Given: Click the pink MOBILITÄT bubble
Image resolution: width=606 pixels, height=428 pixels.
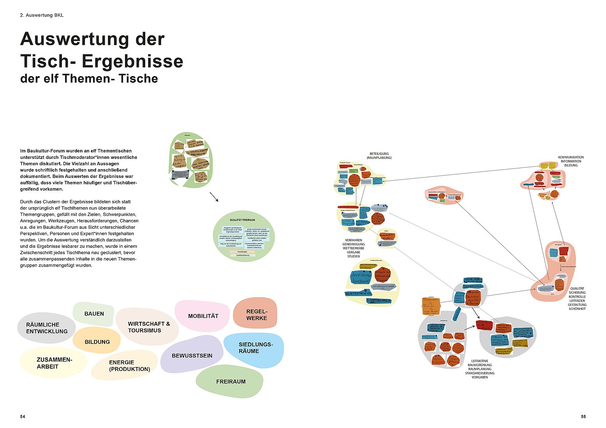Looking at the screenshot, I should click(203, 316).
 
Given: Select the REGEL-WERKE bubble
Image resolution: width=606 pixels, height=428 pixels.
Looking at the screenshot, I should click(256, 315).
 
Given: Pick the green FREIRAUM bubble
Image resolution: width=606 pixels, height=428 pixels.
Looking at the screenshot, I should click(231, 382).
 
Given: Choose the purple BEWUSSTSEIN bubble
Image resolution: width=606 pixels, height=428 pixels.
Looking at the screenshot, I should click(192, 355).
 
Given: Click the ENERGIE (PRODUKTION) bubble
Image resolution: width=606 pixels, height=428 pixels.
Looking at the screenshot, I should click(129, 365).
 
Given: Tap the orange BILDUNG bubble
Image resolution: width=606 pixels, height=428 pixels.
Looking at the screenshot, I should click(97, 342).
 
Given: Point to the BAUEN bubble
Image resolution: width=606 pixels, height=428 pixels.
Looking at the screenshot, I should click(94, 313).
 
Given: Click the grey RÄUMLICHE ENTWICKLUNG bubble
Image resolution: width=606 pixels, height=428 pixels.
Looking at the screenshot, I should click(47, 328).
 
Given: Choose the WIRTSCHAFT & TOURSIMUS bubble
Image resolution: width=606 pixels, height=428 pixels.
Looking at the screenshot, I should click(148, 327).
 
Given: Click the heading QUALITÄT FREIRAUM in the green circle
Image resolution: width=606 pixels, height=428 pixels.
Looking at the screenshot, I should click(242, 220).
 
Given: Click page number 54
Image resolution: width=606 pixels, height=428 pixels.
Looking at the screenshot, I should click(23, 417).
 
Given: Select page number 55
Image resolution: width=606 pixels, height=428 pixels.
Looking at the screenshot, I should click(583, 417).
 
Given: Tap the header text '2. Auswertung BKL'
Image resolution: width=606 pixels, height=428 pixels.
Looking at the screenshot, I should click(42, 15).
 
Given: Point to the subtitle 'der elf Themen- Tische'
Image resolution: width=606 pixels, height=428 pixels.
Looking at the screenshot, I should click(89, 78).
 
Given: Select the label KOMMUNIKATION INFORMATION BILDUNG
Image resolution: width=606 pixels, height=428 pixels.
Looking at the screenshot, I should click(571, 161).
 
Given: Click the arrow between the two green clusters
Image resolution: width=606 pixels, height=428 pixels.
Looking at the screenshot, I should click(214, 197).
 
